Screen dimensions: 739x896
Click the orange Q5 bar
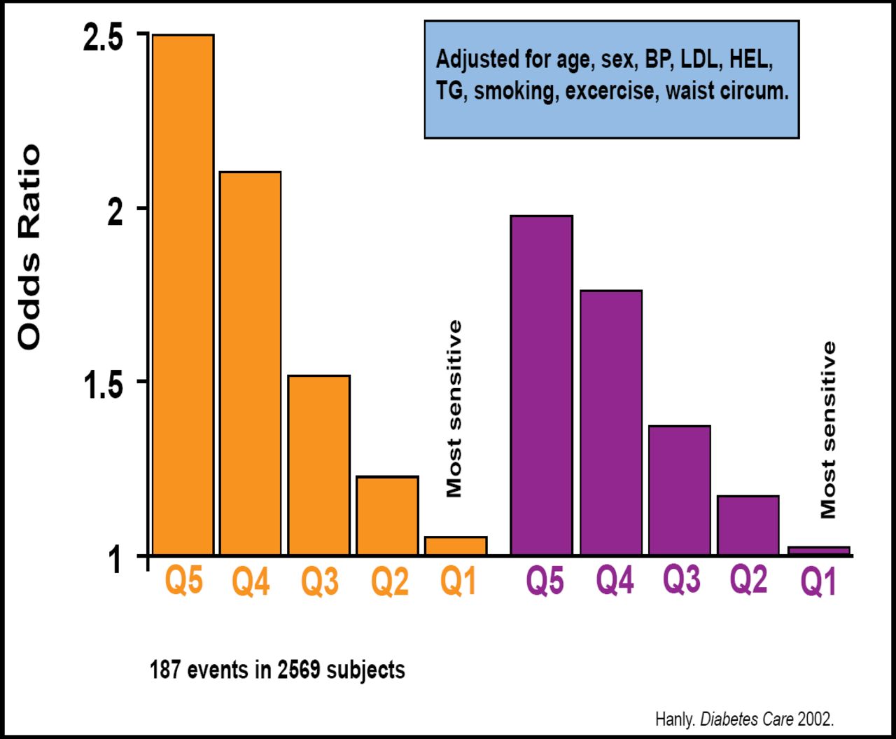pyautogui.click(x=183, y=294)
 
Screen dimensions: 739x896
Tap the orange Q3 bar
pyautogui.click(x=319, y=465)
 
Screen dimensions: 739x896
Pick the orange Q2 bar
pyautogui.click(x=388, y=516)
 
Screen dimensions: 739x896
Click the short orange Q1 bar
pyautogui.click(x=456, y=546)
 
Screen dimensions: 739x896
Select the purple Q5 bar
pyautogui.click(x=542, y=385)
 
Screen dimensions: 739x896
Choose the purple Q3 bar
pyautogui.click(x=680, y=490)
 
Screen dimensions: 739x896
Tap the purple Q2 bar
pyautogui.click(x=748, y=525)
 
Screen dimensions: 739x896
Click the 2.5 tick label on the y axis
pyautogui.click(x=103, y=39)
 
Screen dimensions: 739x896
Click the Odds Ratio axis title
pyautogui.click(x=29, y=247)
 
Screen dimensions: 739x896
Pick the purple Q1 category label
pyautogui.click(x=819, y=582)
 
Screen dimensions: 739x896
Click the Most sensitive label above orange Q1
pyautogui.click(x=454, y=408)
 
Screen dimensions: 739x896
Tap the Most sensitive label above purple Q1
pyautogui.click(x=828, y=429)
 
